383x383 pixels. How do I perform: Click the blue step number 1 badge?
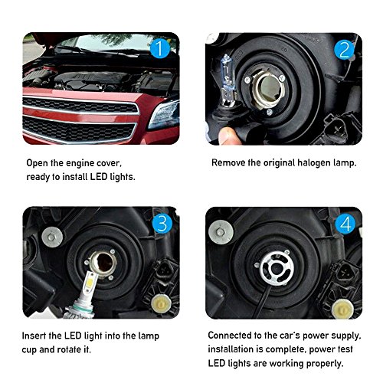click(x=160, y=48)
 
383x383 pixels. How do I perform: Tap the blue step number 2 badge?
click(x=344, y=49)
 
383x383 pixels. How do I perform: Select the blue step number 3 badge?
click(x=162, y=224)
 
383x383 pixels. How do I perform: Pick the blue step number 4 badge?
click(x=346, y=224)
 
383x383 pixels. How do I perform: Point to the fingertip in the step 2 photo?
click(x=228, y=136)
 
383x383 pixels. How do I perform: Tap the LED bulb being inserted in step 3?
click(x=82, y=296)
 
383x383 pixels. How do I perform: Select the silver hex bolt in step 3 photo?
click(x=52, y=237)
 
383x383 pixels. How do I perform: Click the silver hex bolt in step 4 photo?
click(x=221, y=232)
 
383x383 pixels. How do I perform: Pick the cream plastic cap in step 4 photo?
click(x=343, y=309)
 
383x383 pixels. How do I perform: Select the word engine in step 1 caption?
click(x=77, y=163)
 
